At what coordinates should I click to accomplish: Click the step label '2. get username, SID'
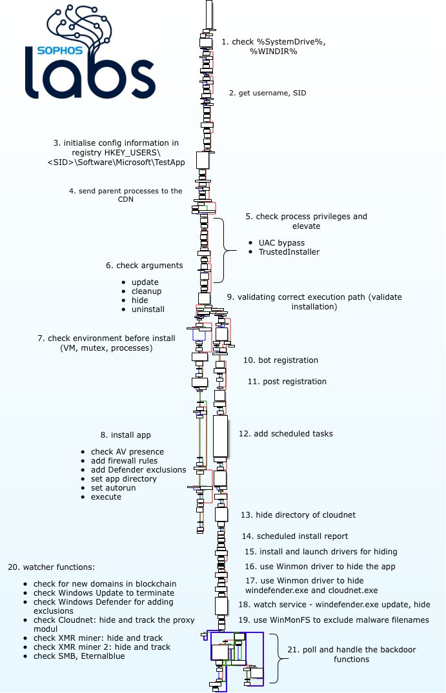[x=267, y=93]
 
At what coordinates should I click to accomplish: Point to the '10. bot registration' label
[x=280, y=360]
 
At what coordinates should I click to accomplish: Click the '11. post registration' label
[x=287, y=382]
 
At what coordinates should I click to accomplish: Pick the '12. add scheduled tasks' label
[x=286, y=434]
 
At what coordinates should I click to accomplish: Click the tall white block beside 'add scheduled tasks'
[x=221, y=436]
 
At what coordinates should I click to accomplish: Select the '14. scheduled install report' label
[x=295, y=536]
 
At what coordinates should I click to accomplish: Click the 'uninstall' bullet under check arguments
[x=148, y=309]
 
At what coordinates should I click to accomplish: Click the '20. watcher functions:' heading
[x=51, y=567]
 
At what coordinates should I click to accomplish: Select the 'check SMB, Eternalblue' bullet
[x=79, y=656]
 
